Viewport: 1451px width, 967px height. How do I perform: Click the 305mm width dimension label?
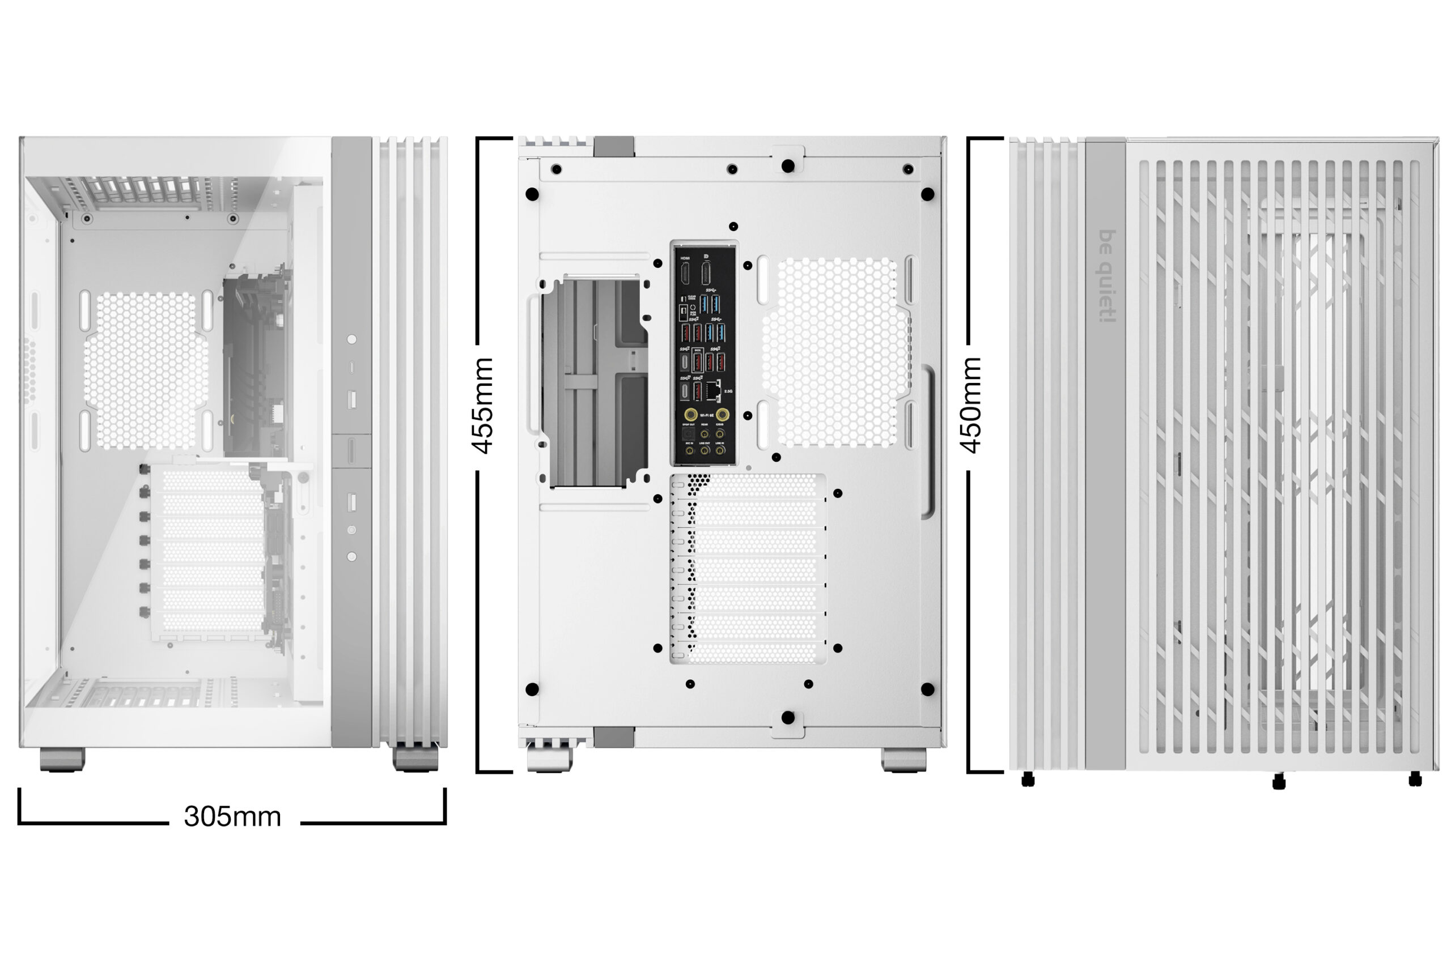point(232,816)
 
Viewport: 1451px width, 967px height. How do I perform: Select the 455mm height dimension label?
point(483,405)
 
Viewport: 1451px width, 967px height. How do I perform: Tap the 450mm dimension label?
point(970,405)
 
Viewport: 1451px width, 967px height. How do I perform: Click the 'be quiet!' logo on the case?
point(1108,276)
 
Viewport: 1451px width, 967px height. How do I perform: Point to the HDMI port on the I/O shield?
point(685,273)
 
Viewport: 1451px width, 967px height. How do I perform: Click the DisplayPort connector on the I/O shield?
point(706,273)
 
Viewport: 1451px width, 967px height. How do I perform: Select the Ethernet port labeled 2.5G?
point(713,390)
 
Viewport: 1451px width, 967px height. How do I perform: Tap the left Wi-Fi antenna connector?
point(691,415)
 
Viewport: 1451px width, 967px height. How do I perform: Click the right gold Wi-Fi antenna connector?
point(722,415)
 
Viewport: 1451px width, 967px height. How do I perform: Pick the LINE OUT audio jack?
point(705,450)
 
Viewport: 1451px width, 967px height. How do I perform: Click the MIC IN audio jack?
point(689,450)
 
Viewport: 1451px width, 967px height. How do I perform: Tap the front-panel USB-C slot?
point(351,368)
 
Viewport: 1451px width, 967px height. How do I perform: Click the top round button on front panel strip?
point(351,339)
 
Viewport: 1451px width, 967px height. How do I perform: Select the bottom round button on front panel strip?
point(351,556)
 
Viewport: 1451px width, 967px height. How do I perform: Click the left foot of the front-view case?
point(62,759)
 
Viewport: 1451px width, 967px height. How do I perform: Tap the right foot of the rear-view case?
point(903,759)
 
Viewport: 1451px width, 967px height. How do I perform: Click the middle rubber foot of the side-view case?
point(1279,782)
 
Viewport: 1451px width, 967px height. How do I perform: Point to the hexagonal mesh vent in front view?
point(146,370)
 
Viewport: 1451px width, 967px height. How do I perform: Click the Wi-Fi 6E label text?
point(706,416)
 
